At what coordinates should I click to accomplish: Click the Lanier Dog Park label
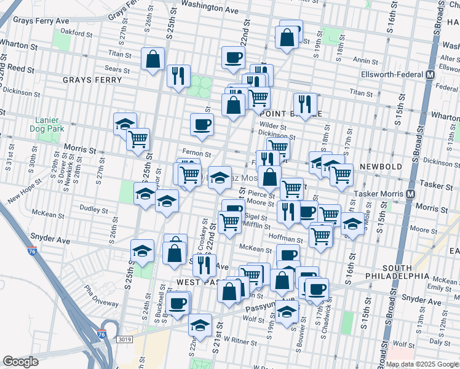[x=42, y=125]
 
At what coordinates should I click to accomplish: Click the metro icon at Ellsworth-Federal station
[x=430, y=75]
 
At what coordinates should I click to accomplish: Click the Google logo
[x=20, y=362]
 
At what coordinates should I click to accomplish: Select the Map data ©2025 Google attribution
[x=421, y=364]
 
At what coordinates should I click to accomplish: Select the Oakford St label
[x=77, y=32]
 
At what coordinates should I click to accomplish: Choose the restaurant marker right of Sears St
[x=178, y=75]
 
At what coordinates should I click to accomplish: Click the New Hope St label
[x=25, y=191]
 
